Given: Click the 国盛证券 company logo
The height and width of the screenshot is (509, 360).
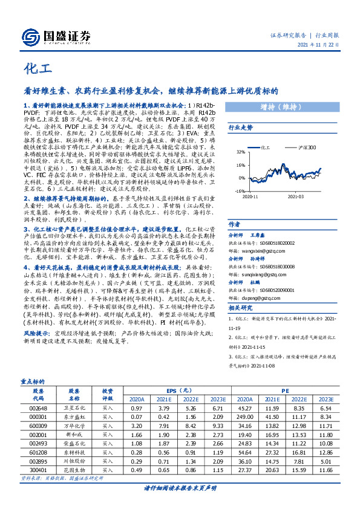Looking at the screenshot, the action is pyautogui.click(x=57, y=36).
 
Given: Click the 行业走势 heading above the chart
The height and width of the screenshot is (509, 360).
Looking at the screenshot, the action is pyautogui.click(x=241, y=128).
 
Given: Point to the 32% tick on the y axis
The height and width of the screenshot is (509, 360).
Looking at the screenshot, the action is pyautogui.click(x=241, y=152).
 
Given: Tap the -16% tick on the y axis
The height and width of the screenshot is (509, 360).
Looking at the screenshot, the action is pyautogui.click(x=240, y=190).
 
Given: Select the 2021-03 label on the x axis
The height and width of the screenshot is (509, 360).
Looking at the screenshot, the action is pyautogui.click(x=295, y=196).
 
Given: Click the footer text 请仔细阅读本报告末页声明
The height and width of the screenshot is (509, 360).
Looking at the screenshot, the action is pyautogui.click(x=180, y=488).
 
